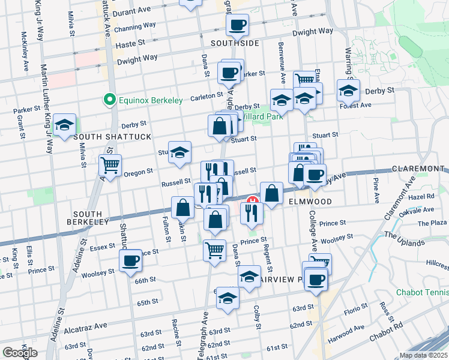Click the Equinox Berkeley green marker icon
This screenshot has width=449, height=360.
pos(110,100)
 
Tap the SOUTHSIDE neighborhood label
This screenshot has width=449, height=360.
pos(235,43)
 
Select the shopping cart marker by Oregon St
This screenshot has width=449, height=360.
pos(110,164)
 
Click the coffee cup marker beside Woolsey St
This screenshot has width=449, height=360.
pos(131,261)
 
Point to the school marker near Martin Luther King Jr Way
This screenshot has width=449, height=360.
pos(64,124)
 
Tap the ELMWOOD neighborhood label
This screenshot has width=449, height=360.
pos(309,202)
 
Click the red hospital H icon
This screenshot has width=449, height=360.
pos(253,200)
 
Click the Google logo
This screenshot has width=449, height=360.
pos(20,353)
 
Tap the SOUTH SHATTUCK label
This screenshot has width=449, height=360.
pos(112,137)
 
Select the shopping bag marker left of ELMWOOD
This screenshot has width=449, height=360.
pos(271,193)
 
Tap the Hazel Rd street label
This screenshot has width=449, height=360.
pos(422,196)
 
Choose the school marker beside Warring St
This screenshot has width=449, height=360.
pos(348,91)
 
